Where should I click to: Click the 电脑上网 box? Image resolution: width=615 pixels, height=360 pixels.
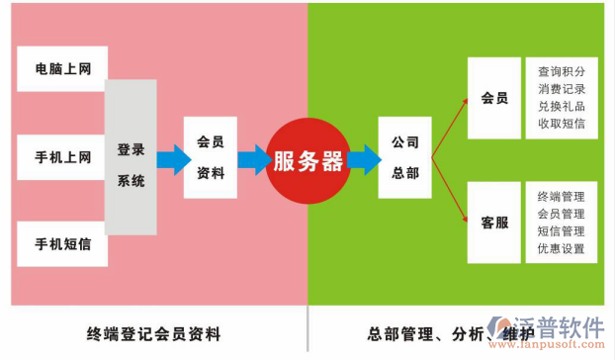click(62, 69)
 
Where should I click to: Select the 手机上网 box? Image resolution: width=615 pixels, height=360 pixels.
click(62, 156)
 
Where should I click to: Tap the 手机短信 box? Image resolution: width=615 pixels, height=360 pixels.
click(62, 243)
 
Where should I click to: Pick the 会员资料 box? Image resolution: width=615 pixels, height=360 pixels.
click(211, 157)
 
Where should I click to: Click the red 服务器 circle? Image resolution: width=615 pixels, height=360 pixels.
click(307, 161)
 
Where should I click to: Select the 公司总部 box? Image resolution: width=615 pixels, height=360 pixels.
click(404, 157)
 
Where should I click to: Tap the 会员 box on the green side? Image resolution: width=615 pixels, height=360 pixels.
click(494, 98)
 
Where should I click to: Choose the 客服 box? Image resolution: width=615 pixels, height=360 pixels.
click(494, 223)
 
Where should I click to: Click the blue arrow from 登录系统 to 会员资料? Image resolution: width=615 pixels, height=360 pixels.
click(173, 158)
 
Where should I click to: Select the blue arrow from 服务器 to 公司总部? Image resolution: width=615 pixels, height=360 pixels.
click(363, 158)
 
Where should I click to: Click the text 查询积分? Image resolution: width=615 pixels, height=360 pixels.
click(561, 72)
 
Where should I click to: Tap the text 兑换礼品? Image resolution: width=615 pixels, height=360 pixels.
click(561, 106)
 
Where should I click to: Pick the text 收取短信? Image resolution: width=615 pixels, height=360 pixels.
click(561, 124)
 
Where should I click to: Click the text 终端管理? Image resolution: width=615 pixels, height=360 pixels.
click(561, 196)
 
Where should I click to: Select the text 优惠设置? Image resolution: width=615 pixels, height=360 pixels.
click(561, 248)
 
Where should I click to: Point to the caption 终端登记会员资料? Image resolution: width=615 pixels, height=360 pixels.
click(153, 332)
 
